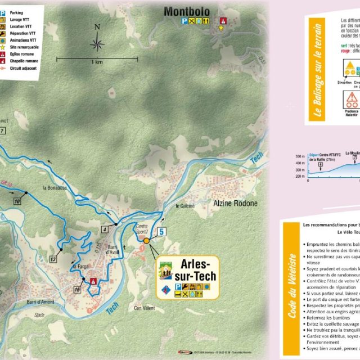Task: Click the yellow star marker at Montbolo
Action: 221,27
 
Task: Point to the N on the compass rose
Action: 97,26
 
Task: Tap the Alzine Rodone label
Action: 235,203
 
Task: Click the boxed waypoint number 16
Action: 77,289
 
